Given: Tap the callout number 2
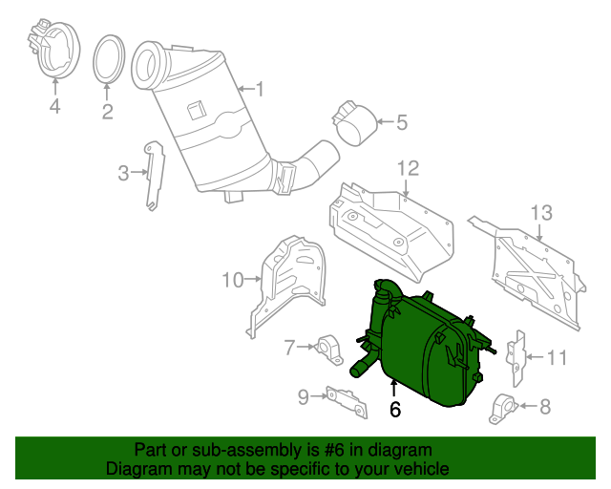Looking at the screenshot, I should (107, 112).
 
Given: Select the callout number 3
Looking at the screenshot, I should (123, 173).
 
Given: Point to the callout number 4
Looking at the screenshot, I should (54, 107).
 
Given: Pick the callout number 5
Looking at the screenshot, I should (401, 121).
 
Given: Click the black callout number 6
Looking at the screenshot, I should (393, 409).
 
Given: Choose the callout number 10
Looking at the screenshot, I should (233, 280).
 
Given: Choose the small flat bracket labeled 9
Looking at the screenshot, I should (346, 401).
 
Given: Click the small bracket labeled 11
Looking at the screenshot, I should (518, 357).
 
